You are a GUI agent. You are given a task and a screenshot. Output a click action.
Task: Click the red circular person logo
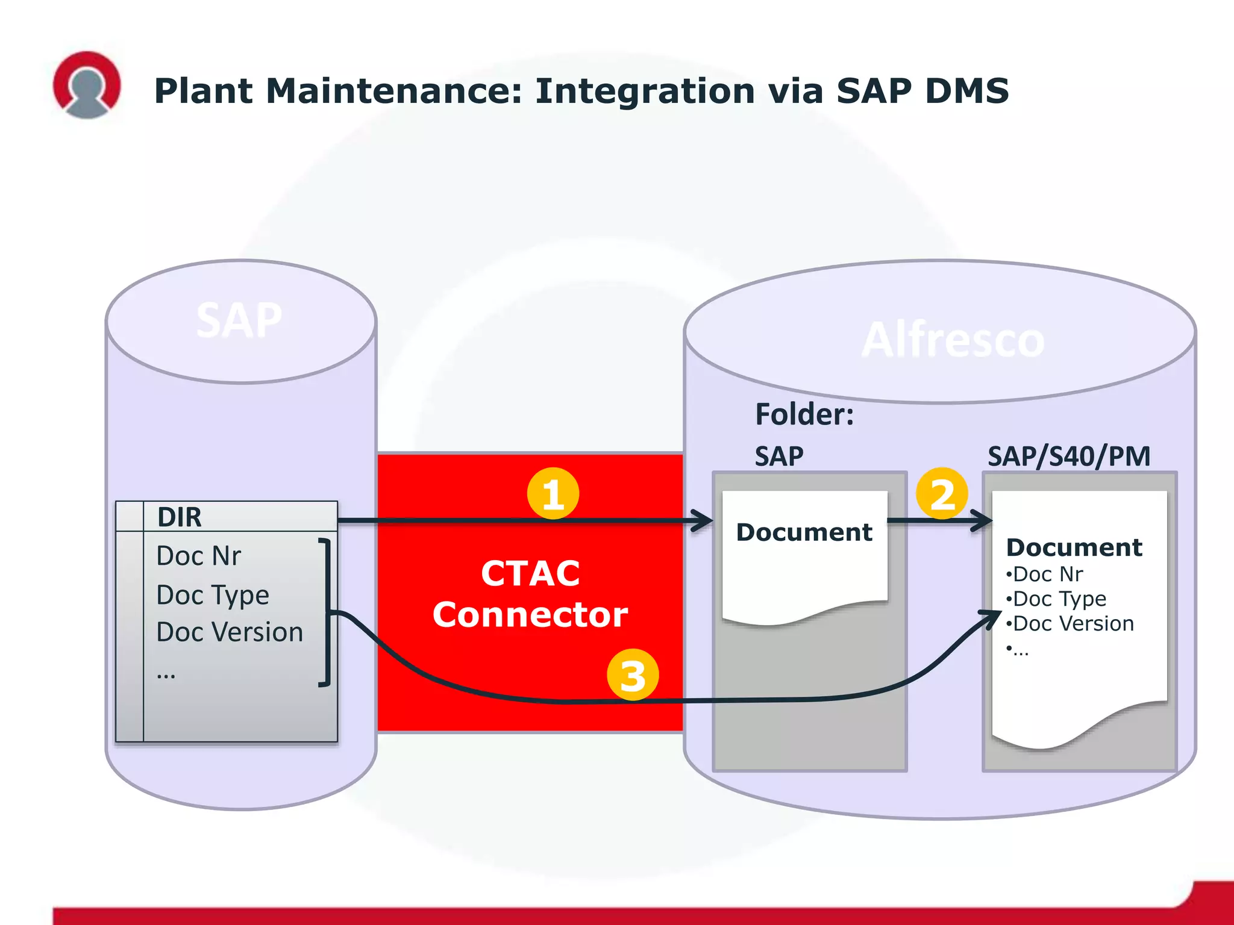pos(87,84)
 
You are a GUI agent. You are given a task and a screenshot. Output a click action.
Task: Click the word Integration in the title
pos(644,91)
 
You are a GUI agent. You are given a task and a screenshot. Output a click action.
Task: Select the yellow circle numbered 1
pos(553,494)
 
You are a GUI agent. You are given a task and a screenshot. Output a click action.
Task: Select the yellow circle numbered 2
pos(942,494)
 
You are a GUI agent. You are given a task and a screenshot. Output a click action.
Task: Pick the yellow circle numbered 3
pos(633,674)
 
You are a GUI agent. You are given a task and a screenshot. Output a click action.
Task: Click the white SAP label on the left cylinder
pos(239,320)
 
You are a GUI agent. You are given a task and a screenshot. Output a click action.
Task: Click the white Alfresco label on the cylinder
pos(953,340)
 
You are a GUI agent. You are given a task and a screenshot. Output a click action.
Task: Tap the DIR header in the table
pos(180,517)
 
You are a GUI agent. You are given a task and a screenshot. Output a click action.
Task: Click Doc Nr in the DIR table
pos(198,556)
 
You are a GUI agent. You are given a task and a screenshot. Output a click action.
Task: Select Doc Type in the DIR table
pos(212,595)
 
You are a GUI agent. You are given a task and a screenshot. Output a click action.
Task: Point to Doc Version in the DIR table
pos(229,632)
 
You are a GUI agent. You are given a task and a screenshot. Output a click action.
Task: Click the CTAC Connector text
pos(530,594)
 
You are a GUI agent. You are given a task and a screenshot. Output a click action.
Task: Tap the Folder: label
pos(804,414)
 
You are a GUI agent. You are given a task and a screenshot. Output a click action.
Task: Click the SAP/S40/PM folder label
pos(1069,456)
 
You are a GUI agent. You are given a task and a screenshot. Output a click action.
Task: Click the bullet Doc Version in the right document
pos(1073,623)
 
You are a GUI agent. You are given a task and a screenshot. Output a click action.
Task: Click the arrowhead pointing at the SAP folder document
pos(703,520)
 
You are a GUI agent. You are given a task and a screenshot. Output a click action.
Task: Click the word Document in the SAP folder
pos(804,532)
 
